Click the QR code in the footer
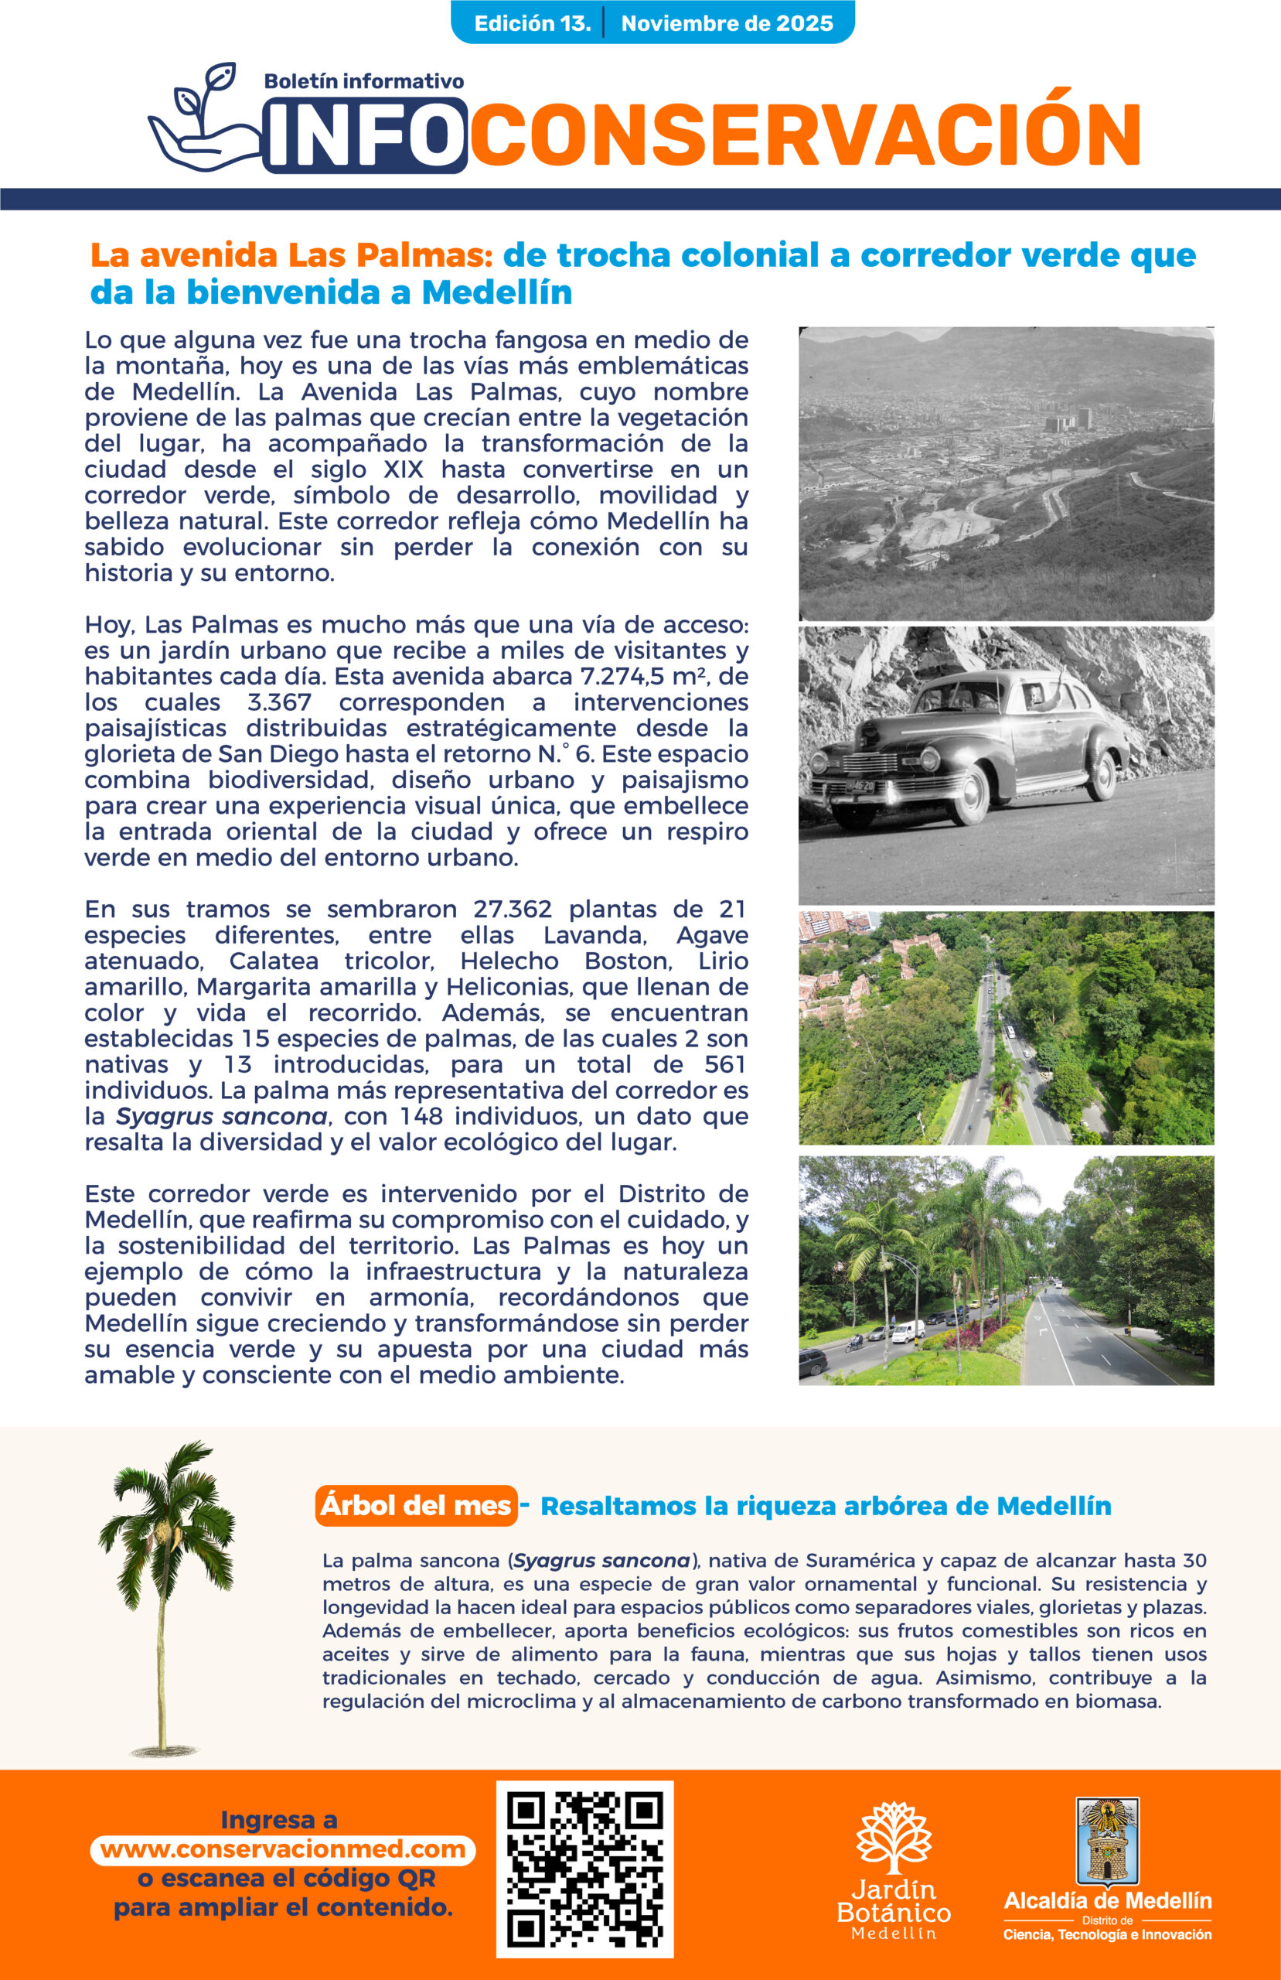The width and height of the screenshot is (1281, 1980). [584, 1869]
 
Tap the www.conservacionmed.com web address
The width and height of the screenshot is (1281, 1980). [283, 1849]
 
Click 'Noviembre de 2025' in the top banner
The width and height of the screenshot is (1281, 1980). [727, 23]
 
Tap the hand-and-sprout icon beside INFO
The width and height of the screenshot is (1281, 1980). [204, 117]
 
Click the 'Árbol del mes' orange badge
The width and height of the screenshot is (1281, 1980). [416, 1505]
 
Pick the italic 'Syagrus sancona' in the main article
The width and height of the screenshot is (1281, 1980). [221, 1116]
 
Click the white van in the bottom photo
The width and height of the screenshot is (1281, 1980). [908, 1332]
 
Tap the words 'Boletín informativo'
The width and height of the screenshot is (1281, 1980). [363, 81]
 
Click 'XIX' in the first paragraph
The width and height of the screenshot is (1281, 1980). [404, 469]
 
